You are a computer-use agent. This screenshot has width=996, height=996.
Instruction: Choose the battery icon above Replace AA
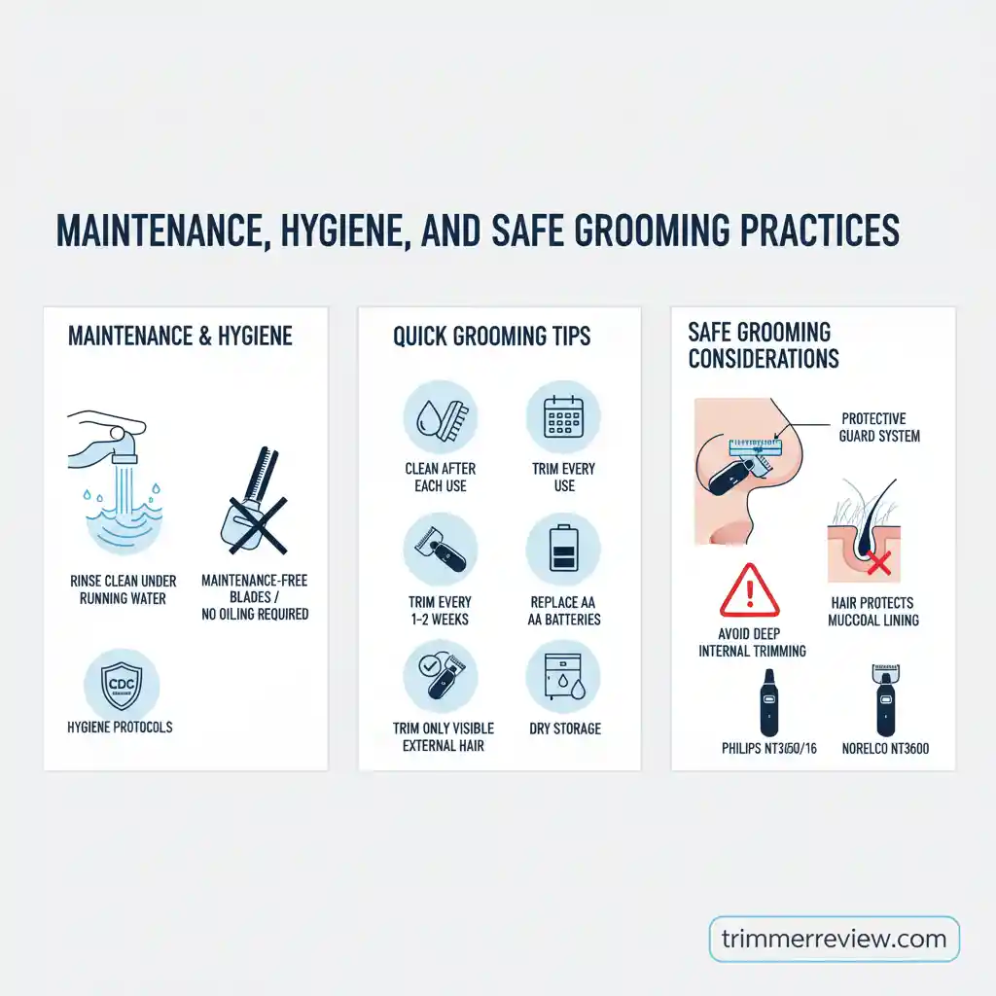564,550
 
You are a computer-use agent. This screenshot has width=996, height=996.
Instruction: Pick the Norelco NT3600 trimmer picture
885,700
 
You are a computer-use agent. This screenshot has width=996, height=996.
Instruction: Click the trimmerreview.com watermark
834,939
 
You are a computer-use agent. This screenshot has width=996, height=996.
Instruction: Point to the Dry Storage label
564,728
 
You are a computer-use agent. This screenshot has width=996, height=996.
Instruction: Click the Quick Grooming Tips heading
491,337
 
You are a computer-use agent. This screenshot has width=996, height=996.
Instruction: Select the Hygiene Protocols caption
122,727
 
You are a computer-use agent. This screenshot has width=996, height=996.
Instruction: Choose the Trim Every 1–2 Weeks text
441,611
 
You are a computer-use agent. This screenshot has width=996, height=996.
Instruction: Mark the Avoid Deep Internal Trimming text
752,642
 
